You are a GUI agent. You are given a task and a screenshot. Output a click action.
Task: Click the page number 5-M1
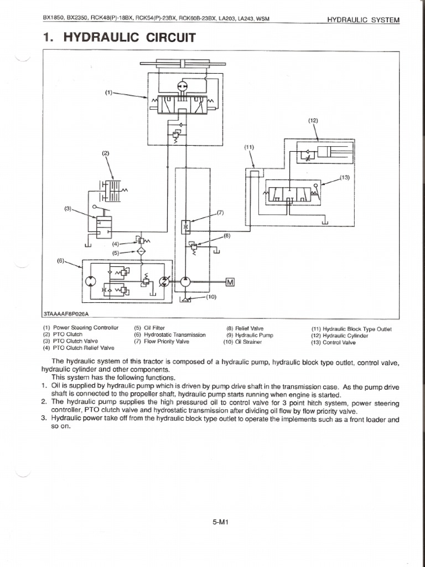click(221, 522)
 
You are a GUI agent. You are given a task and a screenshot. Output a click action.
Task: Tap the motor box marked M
click(230, 282)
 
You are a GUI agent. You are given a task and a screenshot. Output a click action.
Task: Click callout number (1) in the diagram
click(109, 92)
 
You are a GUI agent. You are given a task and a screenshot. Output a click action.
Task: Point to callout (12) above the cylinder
click(313, 120)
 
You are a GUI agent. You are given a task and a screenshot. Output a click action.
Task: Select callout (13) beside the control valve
click(345, 178)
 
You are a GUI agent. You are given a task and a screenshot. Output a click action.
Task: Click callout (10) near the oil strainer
click(211, 297)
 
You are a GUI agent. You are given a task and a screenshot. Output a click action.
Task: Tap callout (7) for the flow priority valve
click(221, 212)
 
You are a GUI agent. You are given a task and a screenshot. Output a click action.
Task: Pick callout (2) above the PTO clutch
click(105, 153)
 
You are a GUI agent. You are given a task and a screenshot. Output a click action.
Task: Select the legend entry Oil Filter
click(149, 328)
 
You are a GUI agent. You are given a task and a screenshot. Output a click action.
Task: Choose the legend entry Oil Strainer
click(242, 342)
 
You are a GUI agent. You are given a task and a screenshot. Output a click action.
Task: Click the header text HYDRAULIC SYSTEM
click(363, 20)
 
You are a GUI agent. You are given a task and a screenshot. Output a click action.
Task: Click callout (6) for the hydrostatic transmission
click(61, 261)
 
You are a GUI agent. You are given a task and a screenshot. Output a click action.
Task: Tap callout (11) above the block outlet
click(249, 147)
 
